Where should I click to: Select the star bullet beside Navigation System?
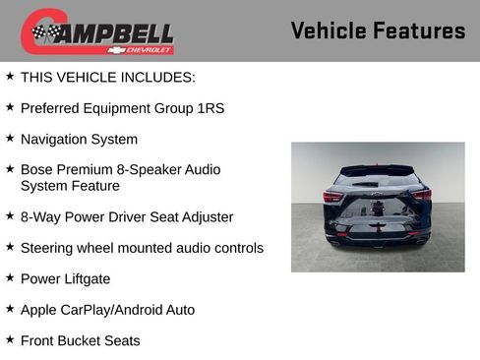coord(10,138)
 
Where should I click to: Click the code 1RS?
coord(208,107)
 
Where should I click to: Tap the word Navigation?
coord(56,139)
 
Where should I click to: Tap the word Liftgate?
coord(86,278)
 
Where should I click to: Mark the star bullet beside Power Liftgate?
coord(10,277)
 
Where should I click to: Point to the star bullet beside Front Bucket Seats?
coord(10,339)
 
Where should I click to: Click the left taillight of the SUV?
coord(333,196)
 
